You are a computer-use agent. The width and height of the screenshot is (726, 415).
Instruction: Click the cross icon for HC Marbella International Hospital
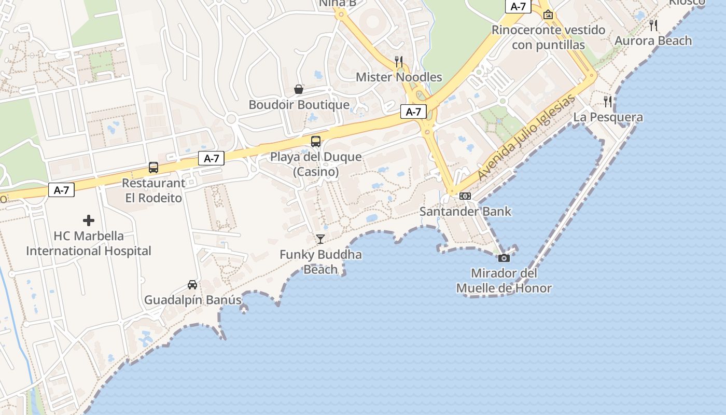coord(89,220)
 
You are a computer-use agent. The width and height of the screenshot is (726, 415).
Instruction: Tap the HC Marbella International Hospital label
coord(89,244)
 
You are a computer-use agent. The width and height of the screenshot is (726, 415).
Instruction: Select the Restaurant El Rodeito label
coord(153,190)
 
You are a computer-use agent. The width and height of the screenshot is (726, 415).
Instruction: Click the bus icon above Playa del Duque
coord(315,141)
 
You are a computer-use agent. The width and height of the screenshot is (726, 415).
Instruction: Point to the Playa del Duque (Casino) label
coord(316,164)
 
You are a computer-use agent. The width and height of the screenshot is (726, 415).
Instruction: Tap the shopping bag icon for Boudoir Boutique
coord(299,89)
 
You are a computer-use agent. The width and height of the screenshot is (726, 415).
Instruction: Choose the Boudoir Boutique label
coord(299,105)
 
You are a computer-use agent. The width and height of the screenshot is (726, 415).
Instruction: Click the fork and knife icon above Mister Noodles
coord(398,61)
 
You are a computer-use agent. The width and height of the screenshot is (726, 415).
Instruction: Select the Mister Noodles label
coord(399,77)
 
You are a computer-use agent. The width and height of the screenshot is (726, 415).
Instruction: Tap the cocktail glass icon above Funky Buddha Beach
coord(320,239)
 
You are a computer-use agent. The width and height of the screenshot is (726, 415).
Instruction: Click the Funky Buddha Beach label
coord(320,262)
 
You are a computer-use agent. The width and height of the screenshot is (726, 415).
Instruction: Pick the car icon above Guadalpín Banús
coord(192,284)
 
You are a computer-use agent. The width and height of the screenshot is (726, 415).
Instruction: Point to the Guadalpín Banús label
coord(193,300)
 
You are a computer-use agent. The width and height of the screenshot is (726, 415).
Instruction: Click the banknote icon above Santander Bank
coord(465,196)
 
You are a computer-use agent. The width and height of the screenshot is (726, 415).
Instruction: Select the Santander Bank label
coord(465,211)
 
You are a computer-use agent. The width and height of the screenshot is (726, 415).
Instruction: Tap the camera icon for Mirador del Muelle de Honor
coord(504,258)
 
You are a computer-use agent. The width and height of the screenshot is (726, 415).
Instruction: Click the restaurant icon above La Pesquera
coord(608,101)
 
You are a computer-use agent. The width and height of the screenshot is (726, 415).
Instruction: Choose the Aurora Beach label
coord(653,40)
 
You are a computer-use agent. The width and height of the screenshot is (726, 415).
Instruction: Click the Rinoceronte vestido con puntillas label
coord(548,37)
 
